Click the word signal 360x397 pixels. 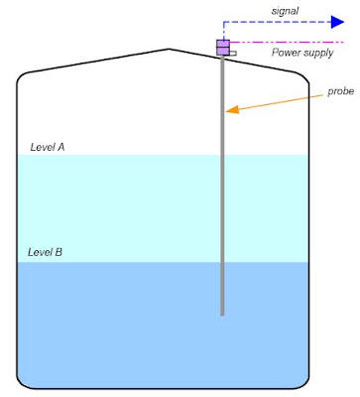(x=285, y=11)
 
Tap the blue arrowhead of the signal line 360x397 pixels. (x=337, y=22)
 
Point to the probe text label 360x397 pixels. (x=340, y=91)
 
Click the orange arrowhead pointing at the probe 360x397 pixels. (x=232, y=109)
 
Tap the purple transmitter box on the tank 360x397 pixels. (x=223, y=48)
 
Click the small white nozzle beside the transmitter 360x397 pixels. (x=233, y=53)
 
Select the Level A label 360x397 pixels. (x=48, y=147)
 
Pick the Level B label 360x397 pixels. (x=45, y=252)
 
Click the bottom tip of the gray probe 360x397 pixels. (x=222, y=316)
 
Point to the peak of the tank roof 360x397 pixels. (x=169, y=50)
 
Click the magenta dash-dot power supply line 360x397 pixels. (x=287, y=43)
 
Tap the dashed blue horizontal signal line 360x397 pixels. (x=278, y=22)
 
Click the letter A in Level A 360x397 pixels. (x=60, y=147)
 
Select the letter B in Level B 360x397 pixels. (x=59, y=252)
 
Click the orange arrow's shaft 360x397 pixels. (x=281, y=101)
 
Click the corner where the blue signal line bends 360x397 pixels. (x=223, y=22)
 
